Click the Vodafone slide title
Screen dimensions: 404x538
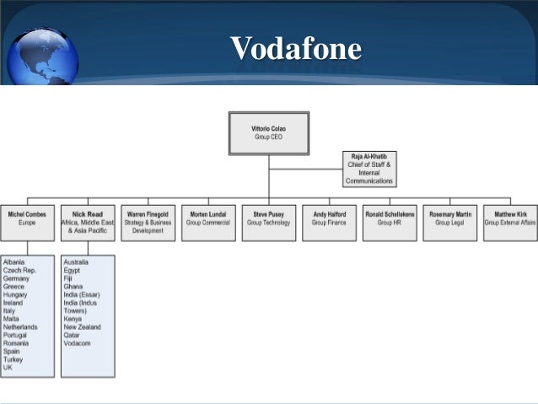point(296,49)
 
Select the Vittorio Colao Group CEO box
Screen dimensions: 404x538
point(269,131)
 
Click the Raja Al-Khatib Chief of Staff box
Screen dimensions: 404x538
point(369,169)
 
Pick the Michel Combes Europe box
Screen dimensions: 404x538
point(27,223)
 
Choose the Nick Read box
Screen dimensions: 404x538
point(88,223)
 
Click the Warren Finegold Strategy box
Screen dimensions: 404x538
point(148,223)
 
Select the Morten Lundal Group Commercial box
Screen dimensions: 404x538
point(208,223)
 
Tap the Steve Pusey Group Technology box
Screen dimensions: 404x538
point(269,223)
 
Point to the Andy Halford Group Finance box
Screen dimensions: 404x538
point(329,223)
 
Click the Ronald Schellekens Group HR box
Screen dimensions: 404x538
point(390,223)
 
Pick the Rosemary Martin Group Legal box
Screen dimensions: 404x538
point(450,223)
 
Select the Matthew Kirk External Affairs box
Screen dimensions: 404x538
point(510,223)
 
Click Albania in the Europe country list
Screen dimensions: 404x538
point(14,262)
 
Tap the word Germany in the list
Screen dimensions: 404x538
point(16,278)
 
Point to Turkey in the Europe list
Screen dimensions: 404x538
point(13,359)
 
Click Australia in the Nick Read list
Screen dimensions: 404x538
point(76,262)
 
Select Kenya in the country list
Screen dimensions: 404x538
point(73,319)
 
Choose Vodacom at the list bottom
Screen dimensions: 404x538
point(77,343)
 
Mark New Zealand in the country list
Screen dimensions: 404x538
point(83,327)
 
